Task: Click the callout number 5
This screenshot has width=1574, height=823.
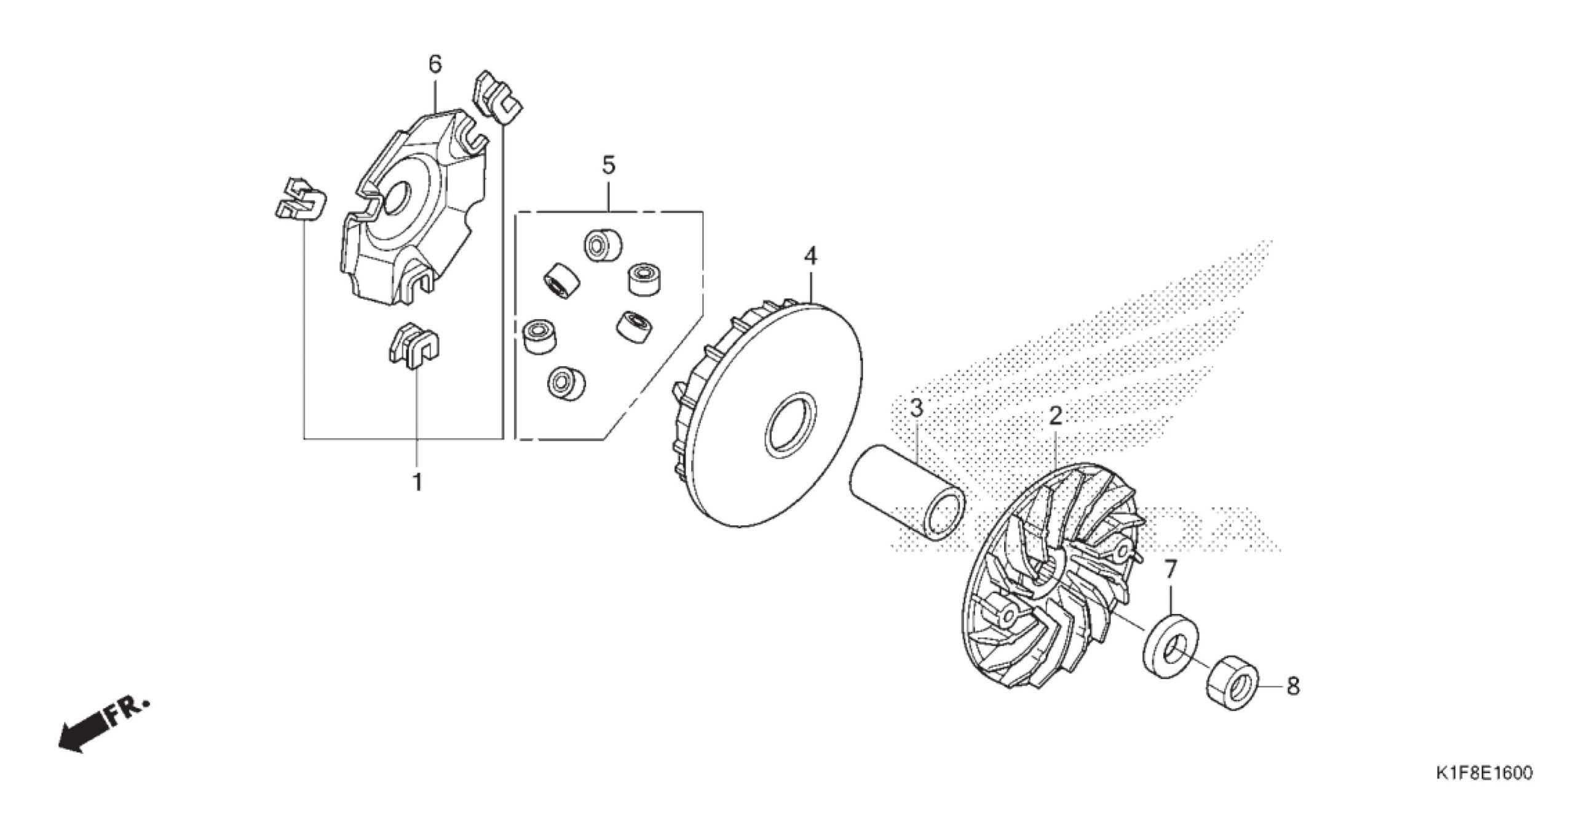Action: [608, 165]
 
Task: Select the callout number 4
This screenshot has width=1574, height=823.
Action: [811, 256]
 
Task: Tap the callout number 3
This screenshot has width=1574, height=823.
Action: [916, 408]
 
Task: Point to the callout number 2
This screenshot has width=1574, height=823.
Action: [1055, 417]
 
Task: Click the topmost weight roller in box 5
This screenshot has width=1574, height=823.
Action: [602, 245]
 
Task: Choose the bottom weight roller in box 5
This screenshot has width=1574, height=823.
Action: [566, 384]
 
